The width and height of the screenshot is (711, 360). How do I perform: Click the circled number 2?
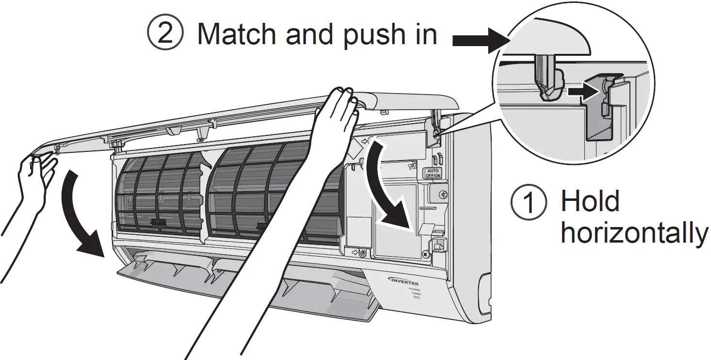(x=165, y=35)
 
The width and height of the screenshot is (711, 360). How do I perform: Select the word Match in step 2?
(x=238, y=34)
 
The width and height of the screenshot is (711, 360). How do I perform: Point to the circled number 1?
(x=529, y=203)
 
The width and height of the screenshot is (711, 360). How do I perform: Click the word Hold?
(x=590, y=201)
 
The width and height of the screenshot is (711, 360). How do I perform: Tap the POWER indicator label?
(x=414, y=289)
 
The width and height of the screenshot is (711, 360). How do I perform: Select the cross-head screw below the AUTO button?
(x=442, y=195)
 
